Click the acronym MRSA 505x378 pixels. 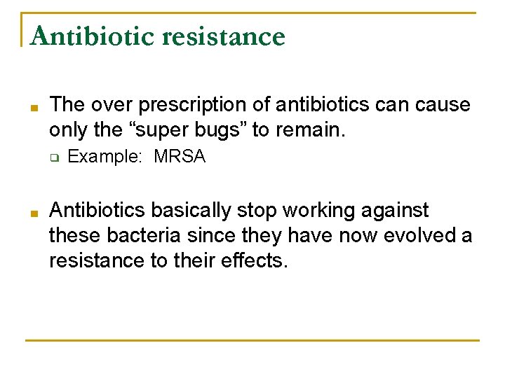[x=180, y=157]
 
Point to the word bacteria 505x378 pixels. [x=142, y=235]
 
